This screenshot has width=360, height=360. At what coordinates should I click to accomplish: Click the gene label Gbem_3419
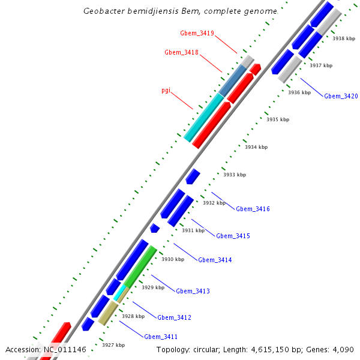pyautogui.click(x=197, y=32)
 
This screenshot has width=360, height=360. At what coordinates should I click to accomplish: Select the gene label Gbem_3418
pyautogui.click(x=181, y=53)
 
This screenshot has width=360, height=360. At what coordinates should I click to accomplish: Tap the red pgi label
pyautogui.click(x=166, y=91)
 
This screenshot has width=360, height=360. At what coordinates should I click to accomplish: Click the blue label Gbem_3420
pyautogui.click(x=341, y=96)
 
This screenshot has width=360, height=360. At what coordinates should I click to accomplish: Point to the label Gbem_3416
pyautogui.click(x=253, y=209)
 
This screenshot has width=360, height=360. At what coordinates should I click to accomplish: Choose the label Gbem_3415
pyautogui.click(x=233, y=236)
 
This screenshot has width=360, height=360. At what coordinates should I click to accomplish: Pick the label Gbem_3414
pyautogui.click(x=215, y=260)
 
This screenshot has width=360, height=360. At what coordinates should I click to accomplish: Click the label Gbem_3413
pyautogui.click(x=193, y=291)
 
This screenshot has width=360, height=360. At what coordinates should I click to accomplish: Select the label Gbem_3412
pyautogui.click(x=174, y=317)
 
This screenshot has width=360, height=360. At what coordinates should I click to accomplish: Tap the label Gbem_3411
pyautogui.click(x=160, y=337)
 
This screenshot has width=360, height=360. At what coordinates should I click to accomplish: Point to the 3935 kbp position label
pyautogui.click(x=278, y=119)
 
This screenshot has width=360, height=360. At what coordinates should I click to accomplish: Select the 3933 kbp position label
pyautogui.click(x=235, y=175)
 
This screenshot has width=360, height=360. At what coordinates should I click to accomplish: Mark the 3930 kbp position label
pyautogui.click(x=172, y=259)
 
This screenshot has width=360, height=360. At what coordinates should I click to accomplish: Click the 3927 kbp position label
pyautogui.click(x=113, y=345)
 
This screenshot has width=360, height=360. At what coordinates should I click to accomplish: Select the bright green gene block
pyautogui.click(x=140, y=266)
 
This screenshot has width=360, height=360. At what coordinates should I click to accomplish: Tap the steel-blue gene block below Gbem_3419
pyautogui.click(x=233, y=80)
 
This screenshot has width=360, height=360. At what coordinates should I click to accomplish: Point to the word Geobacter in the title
pyautogui.click(x=104, y=11)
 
